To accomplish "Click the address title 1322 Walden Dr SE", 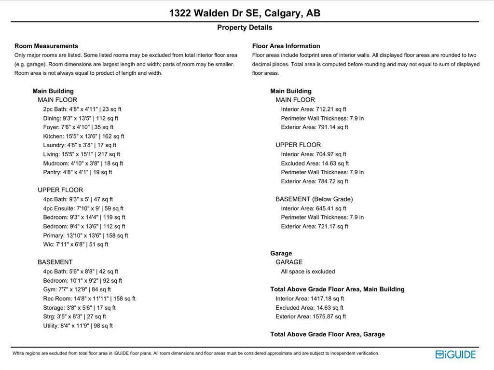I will tap(245, 13).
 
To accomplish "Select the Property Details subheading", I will tap(245, 27).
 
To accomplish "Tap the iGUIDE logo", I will tap(455, 355).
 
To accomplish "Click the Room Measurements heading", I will tap(46, 46).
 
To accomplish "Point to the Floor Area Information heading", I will tap(286, 46).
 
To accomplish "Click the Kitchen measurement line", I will tap(83, 137).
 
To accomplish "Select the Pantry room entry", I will tap(77, 172).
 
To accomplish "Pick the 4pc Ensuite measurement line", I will tap(83, 208).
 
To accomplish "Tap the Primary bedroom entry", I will tap(85, 235).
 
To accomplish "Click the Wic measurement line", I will tap(76, 245).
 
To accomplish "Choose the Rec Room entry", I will tap(89, 299).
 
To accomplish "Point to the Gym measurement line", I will tap(77, 289).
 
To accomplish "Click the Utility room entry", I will tap(78, 326).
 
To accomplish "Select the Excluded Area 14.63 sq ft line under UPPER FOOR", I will tap(315, 164).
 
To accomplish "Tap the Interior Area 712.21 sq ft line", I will tap(314, 110).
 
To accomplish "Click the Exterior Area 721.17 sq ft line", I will tap(315, 226).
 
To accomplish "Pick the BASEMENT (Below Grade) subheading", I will tap(314, 199).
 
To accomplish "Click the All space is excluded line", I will tap(308, 272).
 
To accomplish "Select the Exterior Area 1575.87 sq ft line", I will tap(311, 316).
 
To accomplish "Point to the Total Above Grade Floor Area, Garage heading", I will tap(328, 334).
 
